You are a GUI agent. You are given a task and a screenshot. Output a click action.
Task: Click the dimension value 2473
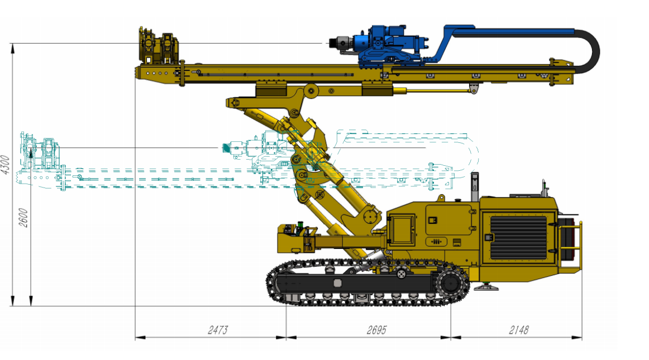[x=218, y=330]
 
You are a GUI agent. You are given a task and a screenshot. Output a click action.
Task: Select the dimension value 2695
[x=376, y=330]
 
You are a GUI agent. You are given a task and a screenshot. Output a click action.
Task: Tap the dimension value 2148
[x=519, y=330]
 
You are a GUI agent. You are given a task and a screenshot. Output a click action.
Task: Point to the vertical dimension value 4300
[x=5, y=165]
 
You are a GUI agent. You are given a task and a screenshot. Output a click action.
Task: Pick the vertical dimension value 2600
[x=23, y=218]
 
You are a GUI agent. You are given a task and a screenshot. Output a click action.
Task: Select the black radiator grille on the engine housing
[x=519, y=238]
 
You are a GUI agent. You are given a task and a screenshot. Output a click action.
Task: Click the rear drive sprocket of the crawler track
[x=450, y=284]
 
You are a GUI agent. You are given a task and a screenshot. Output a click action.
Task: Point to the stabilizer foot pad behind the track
[x=486, y=286]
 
